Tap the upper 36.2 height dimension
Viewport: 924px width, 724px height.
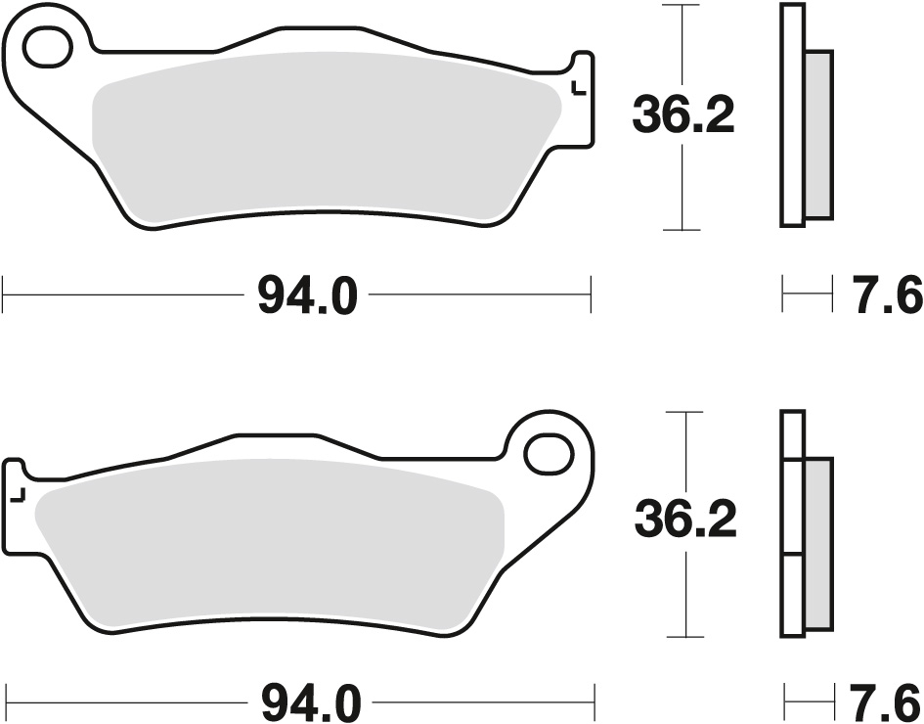tap(682, 117)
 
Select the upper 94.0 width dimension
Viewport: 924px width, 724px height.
tap(308, 295)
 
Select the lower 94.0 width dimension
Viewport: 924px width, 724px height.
tap(312, 701)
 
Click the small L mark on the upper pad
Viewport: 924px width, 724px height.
tap(576, 89)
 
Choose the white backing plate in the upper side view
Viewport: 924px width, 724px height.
tap(793, 115)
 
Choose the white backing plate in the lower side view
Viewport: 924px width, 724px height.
tap(792, 528)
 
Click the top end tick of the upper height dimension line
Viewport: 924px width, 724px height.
tap(682, 5)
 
